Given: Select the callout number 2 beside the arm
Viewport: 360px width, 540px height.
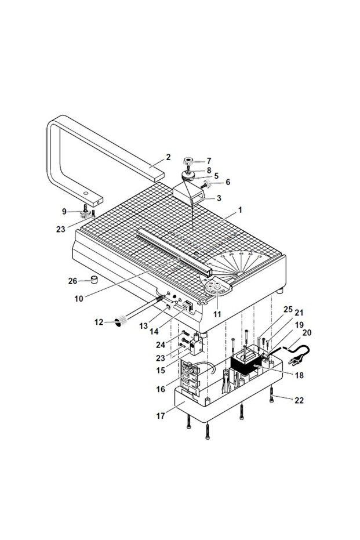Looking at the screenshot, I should coord(168,157).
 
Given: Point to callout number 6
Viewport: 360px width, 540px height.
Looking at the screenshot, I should coord(228,182).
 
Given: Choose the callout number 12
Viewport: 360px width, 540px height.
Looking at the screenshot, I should coord(99,321).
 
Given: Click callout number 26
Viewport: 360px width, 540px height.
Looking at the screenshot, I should coord(72,281).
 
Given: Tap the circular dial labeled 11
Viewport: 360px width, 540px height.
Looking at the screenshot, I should coord(219,288).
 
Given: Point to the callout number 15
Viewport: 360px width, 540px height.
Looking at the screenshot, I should coord(161,369).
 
